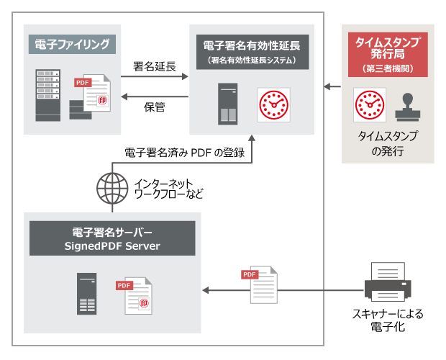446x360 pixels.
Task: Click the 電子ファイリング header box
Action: point(72,45)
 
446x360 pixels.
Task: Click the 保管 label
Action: point(155,107)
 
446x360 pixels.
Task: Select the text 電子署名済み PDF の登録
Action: point(185,152)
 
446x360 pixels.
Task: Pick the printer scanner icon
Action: point(388,282)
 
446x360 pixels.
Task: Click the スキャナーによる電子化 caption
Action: point(388,322)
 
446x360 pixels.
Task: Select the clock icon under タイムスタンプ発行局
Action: point(370,106)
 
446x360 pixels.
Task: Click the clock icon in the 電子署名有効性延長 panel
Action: point(274,104)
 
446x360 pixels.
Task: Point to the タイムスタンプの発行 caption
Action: point(388,143)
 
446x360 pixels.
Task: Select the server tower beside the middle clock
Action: point(228,103)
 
